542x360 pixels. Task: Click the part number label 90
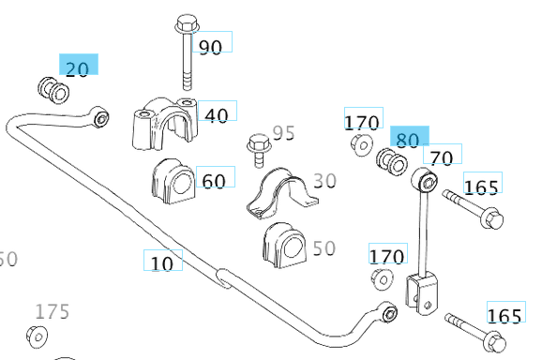click(x=210, y=47)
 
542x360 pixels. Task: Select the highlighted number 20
click(x=77, y=69)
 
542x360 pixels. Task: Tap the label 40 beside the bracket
click(x=217, y=115)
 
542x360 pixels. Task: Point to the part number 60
click(x=214, y=181)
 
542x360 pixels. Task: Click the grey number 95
click(x=283, y=133)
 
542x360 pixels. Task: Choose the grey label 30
click(x=324, y=181)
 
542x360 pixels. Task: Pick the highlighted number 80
click(x=408, y=140)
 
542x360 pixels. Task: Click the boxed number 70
click(x=442, y=157)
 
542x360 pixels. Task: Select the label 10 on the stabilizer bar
click(x=162, y=263)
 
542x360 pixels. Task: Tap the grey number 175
click(x=53, y=311)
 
